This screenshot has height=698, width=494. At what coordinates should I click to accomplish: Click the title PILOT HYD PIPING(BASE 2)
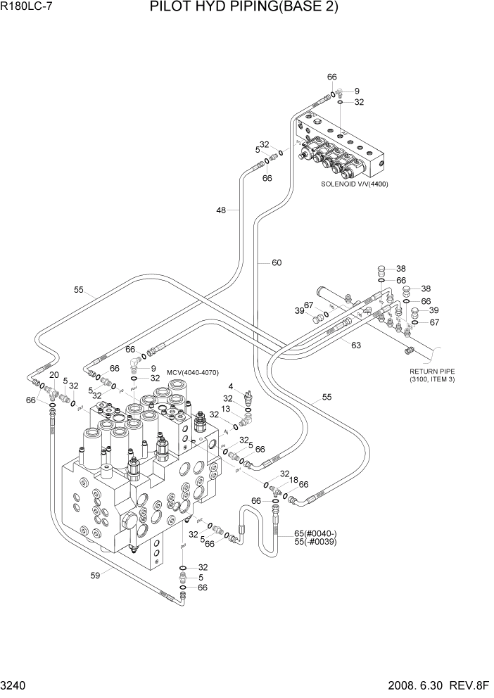(x=244, y=8)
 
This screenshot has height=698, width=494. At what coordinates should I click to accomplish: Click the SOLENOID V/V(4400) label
(x=355, y=184)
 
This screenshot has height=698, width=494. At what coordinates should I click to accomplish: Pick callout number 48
(x=222, y=210)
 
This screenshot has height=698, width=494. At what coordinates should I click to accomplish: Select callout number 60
(x=277, y=263)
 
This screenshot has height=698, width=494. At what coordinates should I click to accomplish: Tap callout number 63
(x=356, y=344)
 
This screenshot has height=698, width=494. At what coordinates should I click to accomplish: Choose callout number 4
(x=230, y=386)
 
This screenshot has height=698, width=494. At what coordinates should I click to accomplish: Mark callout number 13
(x=226, y=409)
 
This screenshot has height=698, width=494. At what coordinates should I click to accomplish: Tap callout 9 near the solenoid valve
(x=357, y=91)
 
